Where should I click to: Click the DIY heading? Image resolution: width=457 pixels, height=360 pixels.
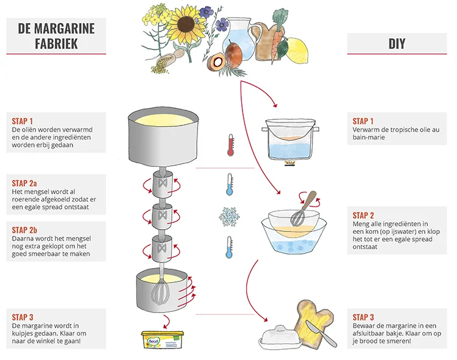tap(396, 44)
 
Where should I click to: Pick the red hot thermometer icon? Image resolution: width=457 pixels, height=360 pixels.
tap(230, 145)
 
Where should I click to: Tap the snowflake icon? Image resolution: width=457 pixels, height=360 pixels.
tap(229, 216)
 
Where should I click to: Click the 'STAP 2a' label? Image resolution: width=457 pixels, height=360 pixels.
tap(25, 183)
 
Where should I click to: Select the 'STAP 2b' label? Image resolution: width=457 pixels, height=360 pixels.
tap(25, 229)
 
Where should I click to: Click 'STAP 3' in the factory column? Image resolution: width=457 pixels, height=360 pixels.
tap(23, 317)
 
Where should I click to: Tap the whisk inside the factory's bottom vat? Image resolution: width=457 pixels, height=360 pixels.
tap(161, 289)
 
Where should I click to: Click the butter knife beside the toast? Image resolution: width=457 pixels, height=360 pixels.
tap(321, 333)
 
